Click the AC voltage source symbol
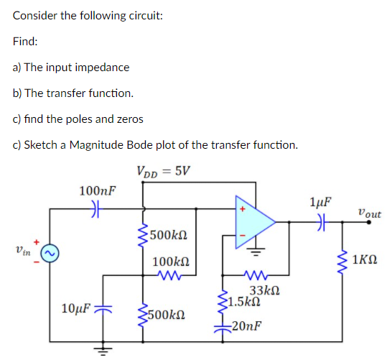pyautogui.click(x=50, y=253)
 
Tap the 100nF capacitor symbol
pyautogui.click(x=95, y=209)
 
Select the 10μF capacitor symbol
pyautogui.click(x=103, y=308)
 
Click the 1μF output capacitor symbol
pyautogui.click(x=322, y=222)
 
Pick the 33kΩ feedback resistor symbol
pyautogui.click(x=255, y=275)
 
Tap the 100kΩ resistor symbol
pyautogui.click(x=169, y=275)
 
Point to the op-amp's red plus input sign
pyautogui.click(x=243, y=209)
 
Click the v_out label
pyautogui.click(x=370, y=213)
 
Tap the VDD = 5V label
pyautogui.click(x=164, y=171)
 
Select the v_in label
pyautogui.click(x=23, y=250)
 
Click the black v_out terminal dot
pyautogui.click(x=369, y=222)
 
